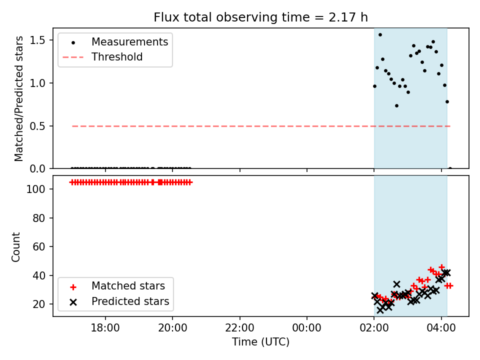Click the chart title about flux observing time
click(260, 17)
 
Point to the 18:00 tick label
click(105, 328)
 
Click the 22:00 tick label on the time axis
click(239, 328)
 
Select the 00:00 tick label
click(306, 328)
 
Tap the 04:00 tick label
click(441, 328)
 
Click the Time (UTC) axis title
click(260, 342)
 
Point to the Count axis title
click(15, 246)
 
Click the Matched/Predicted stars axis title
click(18, 98)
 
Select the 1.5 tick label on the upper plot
click(37, 40)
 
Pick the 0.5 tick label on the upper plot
click(37, 126)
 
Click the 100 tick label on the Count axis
click(35, 189)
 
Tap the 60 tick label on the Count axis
click(38, 246)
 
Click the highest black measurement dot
click(380, 35)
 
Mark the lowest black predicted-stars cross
click(380, 310)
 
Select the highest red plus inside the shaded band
click(441, 267)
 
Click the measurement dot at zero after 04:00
click(450, 168)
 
